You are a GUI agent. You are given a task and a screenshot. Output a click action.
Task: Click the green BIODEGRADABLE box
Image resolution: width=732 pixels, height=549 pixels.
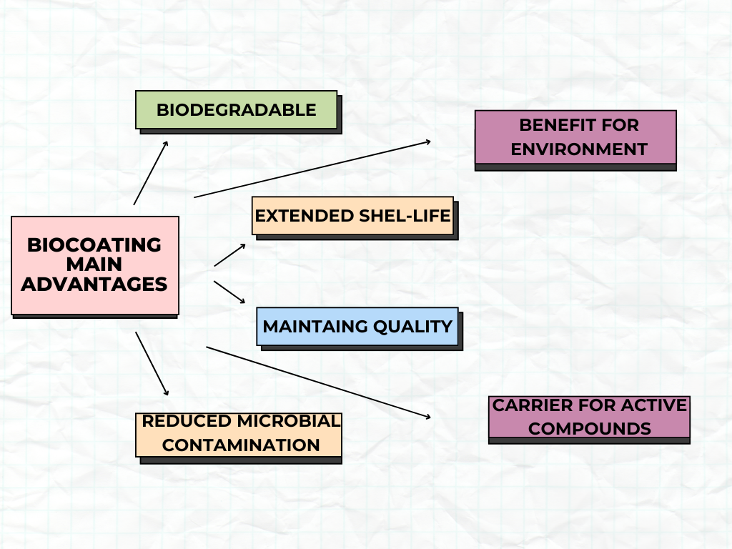[x=236, y=109]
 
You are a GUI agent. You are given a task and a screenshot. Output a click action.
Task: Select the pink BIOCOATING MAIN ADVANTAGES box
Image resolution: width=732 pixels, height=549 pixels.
[x=94, y=265]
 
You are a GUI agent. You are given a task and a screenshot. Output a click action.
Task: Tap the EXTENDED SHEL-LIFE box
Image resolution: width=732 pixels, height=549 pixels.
[x=352, y=215]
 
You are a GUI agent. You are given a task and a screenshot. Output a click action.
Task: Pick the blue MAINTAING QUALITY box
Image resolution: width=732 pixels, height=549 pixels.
[x=357, y=327]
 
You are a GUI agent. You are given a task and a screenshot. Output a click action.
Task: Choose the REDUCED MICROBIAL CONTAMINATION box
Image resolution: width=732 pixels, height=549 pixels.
[x=239, y=434]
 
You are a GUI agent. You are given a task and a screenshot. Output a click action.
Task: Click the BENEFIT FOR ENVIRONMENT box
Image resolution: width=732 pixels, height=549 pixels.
[x=575, y=137]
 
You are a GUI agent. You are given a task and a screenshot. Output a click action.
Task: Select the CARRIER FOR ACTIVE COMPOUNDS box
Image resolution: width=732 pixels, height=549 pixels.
[x=589, y=417]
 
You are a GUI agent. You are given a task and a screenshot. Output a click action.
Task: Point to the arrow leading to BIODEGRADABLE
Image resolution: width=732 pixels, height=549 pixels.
[x=151, y=172]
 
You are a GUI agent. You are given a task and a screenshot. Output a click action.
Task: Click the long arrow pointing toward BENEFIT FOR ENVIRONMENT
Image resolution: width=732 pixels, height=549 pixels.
[x=312, y=169]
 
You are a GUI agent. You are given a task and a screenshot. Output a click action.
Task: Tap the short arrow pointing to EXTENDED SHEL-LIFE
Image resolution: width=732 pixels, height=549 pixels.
[x=230, y=254]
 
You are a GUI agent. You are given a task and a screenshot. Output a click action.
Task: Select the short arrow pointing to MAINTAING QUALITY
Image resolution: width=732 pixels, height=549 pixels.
[x=230, y=292]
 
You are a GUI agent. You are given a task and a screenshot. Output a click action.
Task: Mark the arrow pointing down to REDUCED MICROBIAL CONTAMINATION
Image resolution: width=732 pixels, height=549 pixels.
[x=152, y=363]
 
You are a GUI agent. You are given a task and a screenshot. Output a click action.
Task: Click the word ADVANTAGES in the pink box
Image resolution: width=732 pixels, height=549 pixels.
[x=94, y=285]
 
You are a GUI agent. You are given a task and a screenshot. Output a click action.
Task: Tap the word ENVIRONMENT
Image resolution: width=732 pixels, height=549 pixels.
[x=579, y=149]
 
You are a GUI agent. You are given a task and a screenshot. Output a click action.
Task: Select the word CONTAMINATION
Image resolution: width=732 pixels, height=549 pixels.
[x=241, y=445]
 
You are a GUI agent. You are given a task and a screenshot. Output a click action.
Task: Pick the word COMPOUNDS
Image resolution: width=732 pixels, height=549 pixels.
[x=590, y=429]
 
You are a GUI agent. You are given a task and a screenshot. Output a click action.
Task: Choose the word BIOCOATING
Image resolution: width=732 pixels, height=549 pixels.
[x=94, y=245]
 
